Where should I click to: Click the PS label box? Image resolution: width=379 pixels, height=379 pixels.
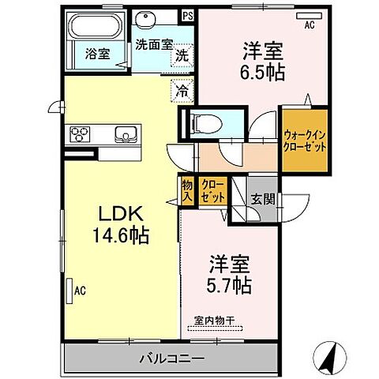tap(187, 15)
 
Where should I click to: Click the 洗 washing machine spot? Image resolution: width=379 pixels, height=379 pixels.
tap(182, 56)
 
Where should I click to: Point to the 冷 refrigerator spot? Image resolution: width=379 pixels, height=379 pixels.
tap(182, 90)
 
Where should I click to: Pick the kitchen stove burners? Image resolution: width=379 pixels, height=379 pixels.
tap(82, 134)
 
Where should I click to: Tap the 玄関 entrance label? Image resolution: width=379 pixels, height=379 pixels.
tap(263, 199)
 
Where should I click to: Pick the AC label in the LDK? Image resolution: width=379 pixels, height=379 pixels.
tap(79, 291)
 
